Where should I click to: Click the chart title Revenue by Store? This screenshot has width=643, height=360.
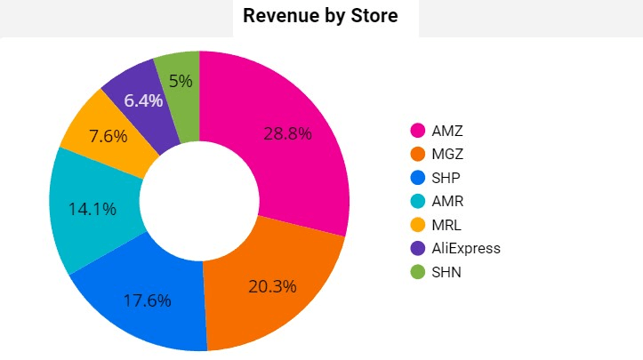coord(320,16)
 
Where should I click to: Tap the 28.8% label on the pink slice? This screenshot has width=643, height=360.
coord(287,133)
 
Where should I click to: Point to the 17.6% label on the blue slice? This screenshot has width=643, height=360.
coord(147,300)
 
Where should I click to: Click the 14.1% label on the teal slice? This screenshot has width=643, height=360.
coord(92,210)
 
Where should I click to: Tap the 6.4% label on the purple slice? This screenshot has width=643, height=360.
coord(143,100)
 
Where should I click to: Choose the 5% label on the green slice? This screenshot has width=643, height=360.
coord(181,81)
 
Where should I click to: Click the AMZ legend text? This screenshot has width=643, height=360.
coord(447,131)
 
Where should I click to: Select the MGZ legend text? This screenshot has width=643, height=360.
coord(447,154)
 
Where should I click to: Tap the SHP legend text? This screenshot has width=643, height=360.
coord(446,178)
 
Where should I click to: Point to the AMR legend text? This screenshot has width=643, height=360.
coord(447,201)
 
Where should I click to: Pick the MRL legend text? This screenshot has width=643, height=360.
coord(446,225)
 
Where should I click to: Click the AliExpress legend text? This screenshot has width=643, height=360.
coord(466,248)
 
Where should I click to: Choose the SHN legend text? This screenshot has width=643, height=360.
coord(446,272)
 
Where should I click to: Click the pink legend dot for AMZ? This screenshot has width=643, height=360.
coord(416,131)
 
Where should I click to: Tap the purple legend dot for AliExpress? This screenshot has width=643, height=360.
coord(416,248)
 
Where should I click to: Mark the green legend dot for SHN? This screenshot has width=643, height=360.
coord(416,272)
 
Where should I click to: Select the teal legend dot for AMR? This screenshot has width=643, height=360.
coord(416,201)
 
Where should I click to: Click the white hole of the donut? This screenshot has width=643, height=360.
coord(199,202)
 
